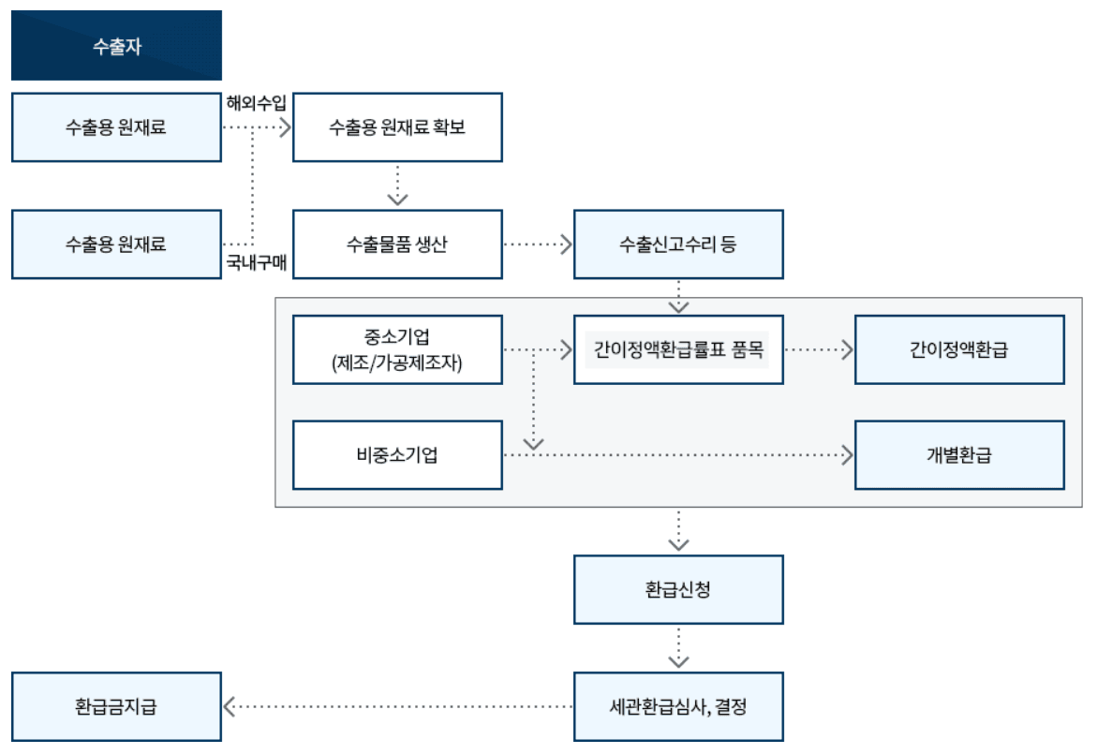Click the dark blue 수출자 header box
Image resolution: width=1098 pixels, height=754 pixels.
tap(117, 46)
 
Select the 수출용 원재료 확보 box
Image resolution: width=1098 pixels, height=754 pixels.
tap(397, 127)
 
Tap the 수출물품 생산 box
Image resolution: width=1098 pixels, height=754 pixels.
tap(397, 244)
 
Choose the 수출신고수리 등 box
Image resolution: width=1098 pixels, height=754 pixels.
tap(677, 244)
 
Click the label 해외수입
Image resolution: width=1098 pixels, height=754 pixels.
tap(256, 102)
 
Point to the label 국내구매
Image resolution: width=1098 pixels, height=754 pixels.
tap(256, 264)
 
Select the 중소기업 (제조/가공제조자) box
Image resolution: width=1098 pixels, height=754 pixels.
tap(397, 350)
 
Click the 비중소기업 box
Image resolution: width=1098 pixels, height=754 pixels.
tap(397, 455)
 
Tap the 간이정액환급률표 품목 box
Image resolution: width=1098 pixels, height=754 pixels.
tap(677, 350)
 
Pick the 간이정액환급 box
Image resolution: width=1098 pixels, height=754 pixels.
tap(958, 350)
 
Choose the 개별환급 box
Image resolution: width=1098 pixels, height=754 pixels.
tap(958, 455)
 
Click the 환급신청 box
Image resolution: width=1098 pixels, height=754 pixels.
tap(677, 590)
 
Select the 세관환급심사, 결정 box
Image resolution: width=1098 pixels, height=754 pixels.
tap(677, 707)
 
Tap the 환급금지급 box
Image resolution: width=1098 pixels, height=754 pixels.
tap(117, 707)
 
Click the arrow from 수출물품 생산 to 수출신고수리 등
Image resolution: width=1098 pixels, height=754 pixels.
tap(538, 244)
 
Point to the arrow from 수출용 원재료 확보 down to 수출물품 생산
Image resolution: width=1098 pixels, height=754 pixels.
tap(398, 185)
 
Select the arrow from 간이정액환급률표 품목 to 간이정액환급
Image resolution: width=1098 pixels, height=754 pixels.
tap(819, 350)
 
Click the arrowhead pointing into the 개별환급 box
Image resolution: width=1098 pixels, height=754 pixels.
tap(848, 455)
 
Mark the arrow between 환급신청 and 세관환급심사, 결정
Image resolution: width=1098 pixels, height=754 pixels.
tap(678, 648)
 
